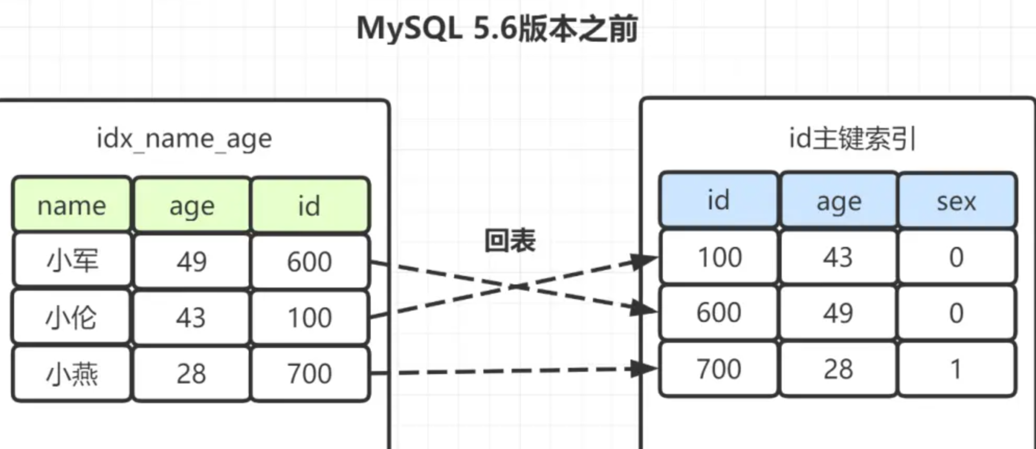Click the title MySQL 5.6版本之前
[x=497, y=29]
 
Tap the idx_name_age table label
[x=184, y=139]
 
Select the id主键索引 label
[x=852, y=139]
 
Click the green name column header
[x=72, y=205]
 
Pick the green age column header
[x=192, y=205]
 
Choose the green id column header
[x=309, y=205]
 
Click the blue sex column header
[x=956, y=201]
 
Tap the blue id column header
[x=718, y=201]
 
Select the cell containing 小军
[x=72, y=260]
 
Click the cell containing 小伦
[x=72, y=317]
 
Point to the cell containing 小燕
[x=72, y=373]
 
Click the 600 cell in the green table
[x=309, y=261]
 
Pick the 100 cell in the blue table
[x=720, y=257]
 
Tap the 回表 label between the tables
[x=509, y=241]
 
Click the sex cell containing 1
[x=956, y=369]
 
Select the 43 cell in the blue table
[x=838, y=257]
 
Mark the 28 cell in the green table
[x=191, y=373]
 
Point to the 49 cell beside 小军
[x=191, y=261]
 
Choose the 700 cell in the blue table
[x=719, y=369]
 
